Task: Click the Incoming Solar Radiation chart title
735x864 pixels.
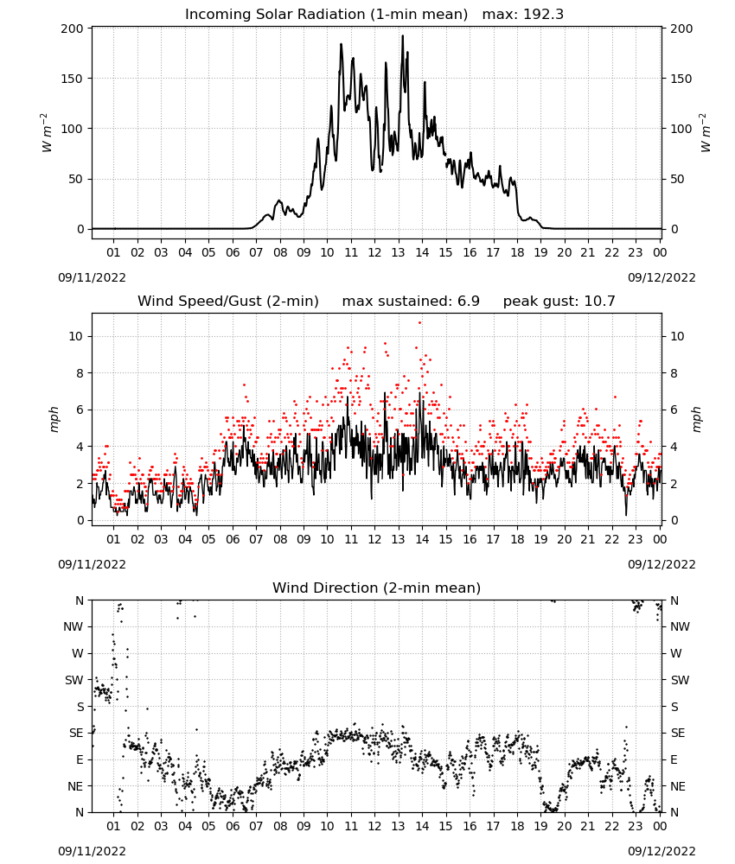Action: point(326,15)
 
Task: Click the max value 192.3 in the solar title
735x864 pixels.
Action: point(543,15)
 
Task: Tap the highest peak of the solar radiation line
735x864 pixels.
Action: point(402,36)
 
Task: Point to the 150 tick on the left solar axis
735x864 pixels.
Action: point(72,79)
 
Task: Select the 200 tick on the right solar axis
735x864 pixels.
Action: point(681,29)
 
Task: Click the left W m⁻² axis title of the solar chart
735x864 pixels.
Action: point(47,132)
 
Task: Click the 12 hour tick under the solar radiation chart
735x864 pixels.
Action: point(374,252)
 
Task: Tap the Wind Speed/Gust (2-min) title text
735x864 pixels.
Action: point(227,302)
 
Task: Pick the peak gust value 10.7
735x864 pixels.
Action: point(599,302)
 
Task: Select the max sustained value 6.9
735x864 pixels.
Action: point(468,302)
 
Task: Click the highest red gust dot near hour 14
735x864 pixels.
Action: point(419,323)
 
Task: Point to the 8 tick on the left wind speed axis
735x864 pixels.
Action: point(80,373)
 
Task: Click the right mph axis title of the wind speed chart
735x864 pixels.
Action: point(696,419)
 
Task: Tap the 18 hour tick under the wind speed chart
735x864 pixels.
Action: point(516,539)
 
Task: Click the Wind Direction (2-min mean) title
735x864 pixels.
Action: point(377,588)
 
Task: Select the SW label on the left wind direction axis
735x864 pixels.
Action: point(73,680)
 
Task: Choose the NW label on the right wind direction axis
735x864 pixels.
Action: point(680,626)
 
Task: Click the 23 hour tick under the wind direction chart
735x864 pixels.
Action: point(636,826)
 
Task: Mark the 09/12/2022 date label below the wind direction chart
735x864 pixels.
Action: point(661,851)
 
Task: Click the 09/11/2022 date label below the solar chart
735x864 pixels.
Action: point(92,277)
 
